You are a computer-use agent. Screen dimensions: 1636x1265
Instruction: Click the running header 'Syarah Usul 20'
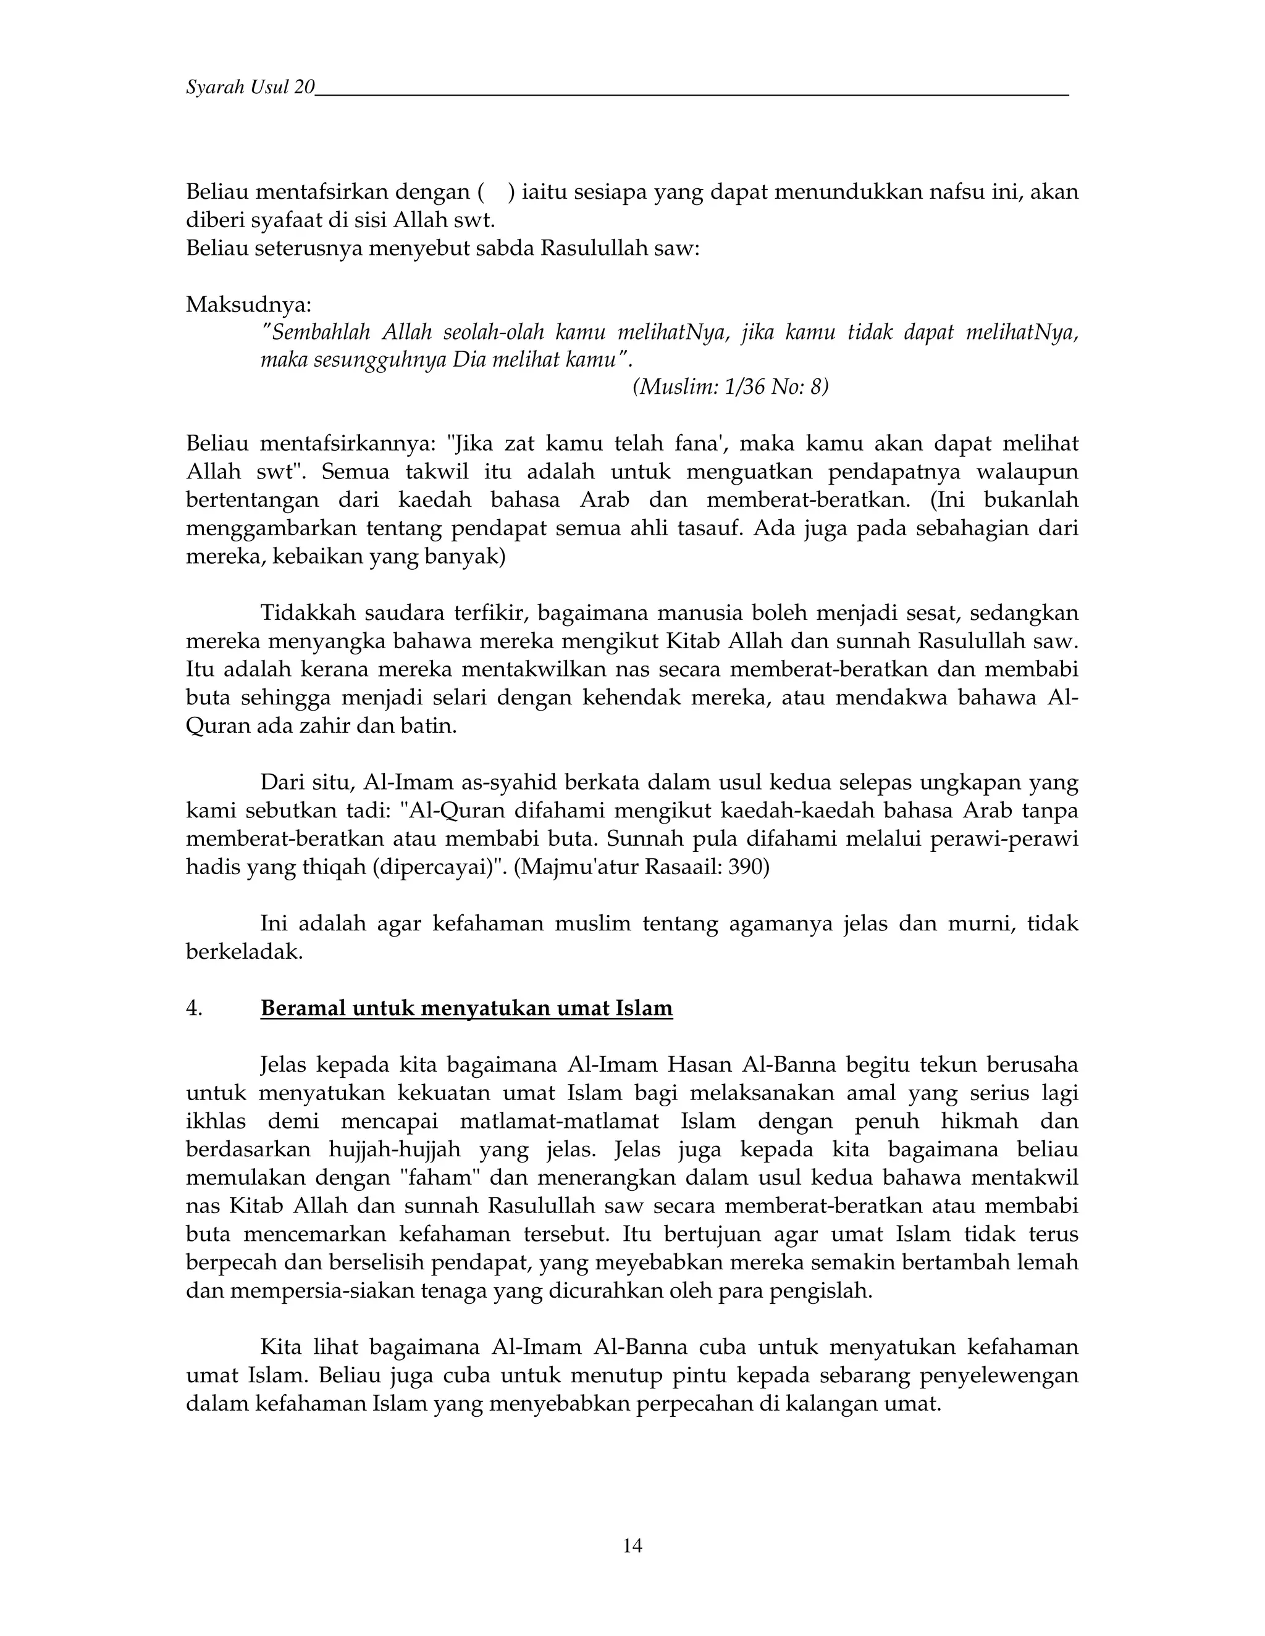pyautogui.click(x=250, y=88)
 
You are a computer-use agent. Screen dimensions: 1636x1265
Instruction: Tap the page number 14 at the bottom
pyautogui.click(x=632, y=1545)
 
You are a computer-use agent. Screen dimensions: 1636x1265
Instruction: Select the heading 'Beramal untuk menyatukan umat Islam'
pyautogui.click(x=466, y=1008)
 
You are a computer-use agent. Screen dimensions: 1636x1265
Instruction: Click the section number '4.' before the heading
pyautogui.click(x=194, y=1009)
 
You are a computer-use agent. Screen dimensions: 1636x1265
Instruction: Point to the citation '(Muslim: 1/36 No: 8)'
pyautogui.click(x=731, y=387)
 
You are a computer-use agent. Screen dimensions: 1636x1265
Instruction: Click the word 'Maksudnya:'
pyautogui.click(x=248, y=305)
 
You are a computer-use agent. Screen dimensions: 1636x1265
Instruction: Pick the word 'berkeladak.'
pyautogui.click(x=243, y=952)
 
